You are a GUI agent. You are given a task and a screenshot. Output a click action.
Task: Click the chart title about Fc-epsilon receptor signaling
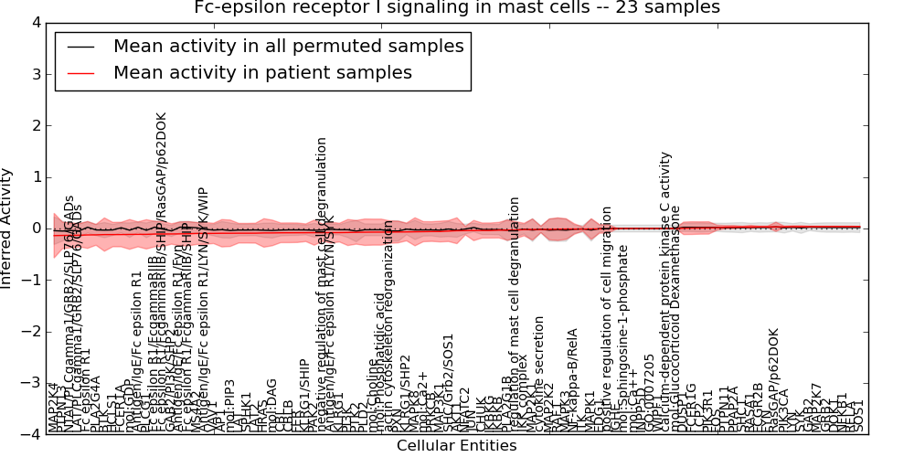coord(457,8)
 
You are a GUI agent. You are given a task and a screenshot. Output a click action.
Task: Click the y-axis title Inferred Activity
coord(8,228)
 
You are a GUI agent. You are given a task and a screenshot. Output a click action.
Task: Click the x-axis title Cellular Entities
coord(456,446)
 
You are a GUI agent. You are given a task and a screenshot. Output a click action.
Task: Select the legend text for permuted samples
coord(288,47)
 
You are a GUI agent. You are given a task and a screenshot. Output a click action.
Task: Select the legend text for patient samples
coord(262,72)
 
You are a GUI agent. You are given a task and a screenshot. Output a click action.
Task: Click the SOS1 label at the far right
coord(858,416)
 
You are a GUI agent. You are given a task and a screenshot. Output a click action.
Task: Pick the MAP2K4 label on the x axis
coord(53,406)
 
